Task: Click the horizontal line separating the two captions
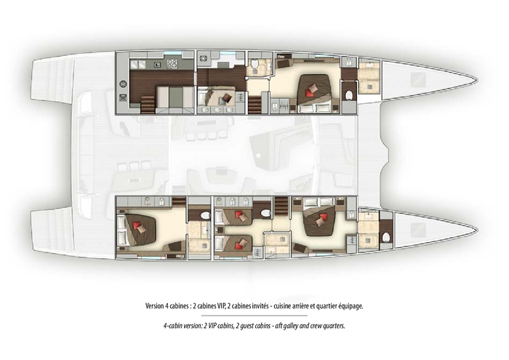coord(254,316)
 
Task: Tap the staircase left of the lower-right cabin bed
coord(281,203)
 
